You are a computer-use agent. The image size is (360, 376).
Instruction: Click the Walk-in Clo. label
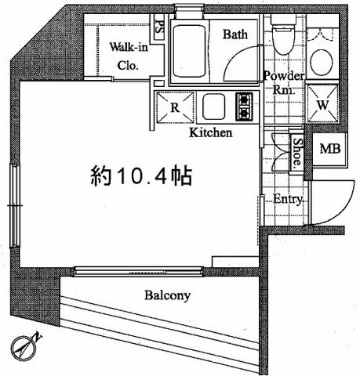[x=125, y=56]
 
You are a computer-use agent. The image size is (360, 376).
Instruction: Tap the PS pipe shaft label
[x=159, y=27]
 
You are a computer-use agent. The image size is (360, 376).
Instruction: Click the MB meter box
[x=329, y=149]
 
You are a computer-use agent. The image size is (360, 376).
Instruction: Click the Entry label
[x=288, y=199]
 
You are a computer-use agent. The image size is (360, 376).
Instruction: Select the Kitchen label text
[x=210, y=133]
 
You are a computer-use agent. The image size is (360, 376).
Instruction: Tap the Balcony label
[x=167, y=296]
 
